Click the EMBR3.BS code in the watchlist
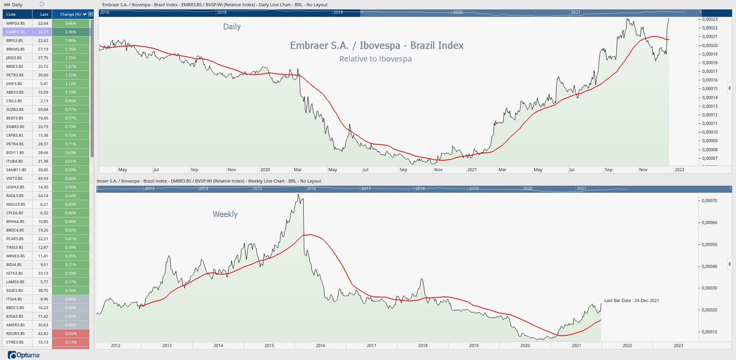click(x=16, y=32)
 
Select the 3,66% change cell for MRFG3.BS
click(x=71, y=23)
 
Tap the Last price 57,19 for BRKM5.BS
click(x=43, y=49)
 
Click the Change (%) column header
click(x=71, y=14)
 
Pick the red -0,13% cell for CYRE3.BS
click(x=71, y=342)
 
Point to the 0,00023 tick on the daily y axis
click(x=709, y=19)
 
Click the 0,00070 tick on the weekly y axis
click(x=709, y=201)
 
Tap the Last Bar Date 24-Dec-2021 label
click(x=631, y=300)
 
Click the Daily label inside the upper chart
click(x=232, y=27)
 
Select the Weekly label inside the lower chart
click(x=225, y=214)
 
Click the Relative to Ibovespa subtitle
click(x=375, y=59)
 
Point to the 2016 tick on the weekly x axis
click(x=320, y=346)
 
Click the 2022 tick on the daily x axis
click(x=679, y=170)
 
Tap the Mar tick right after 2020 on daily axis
click(x=297, y=170)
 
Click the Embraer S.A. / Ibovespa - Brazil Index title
click(x=377, y=45)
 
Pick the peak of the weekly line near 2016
click(x=299, y=195)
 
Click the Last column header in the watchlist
click(x=44, y=14)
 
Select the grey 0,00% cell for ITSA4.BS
click(x=71, y=299)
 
